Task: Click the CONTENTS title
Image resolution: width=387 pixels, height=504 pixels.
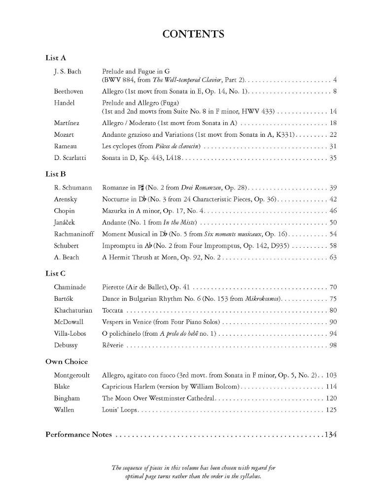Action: (193, 34)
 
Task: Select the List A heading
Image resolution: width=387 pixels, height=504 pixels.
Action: (55, 58)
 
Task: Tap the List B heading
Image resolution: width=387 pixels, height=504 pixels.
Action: (55, 174)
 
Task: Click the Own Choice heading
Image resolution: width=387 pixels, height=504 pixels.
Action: (67, 362)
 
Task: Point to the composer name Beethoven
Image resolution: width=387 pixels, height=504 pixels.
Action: (69, 91)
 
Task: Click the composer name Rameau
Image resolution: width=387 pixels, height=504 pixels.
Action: (65, 146)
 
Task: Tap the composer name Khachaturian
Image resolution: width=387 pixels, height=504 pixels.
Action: (73, 310)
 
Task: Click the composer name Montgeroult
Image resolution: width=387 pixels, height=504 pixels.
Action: (72, 375)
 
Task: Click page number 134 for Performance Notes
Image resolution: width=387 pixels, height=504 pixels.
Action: (330, 435)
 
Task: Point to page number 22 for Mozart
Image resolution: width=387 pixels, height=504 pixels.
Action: (333, 134)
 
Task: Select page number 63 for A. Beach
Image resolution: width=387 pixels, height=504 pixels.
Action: (333, 257)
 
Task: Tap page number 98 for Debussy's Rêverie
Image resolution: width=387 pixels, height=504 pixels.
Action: (333, 345)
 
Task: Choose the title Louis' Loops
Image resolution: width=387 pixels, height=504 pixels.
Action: (120, 409)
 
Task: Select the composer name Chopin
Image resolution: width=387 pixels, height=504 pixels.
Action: (65, 211)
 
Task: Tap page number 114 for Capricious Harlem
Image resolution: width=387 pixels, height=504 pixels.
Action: (331, 386)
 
